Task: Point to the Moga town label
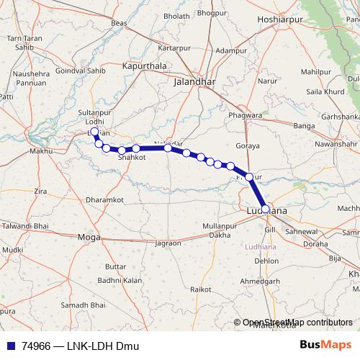(89, 236)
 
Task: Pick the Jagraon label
(168, 243)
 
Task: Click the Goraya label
(247, 145)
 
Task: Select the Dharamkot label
(104, 199)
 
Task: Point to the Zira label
(41, 192)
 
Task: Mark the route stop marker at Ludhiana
(266, 209)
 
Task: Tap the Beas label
(120, 23)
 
